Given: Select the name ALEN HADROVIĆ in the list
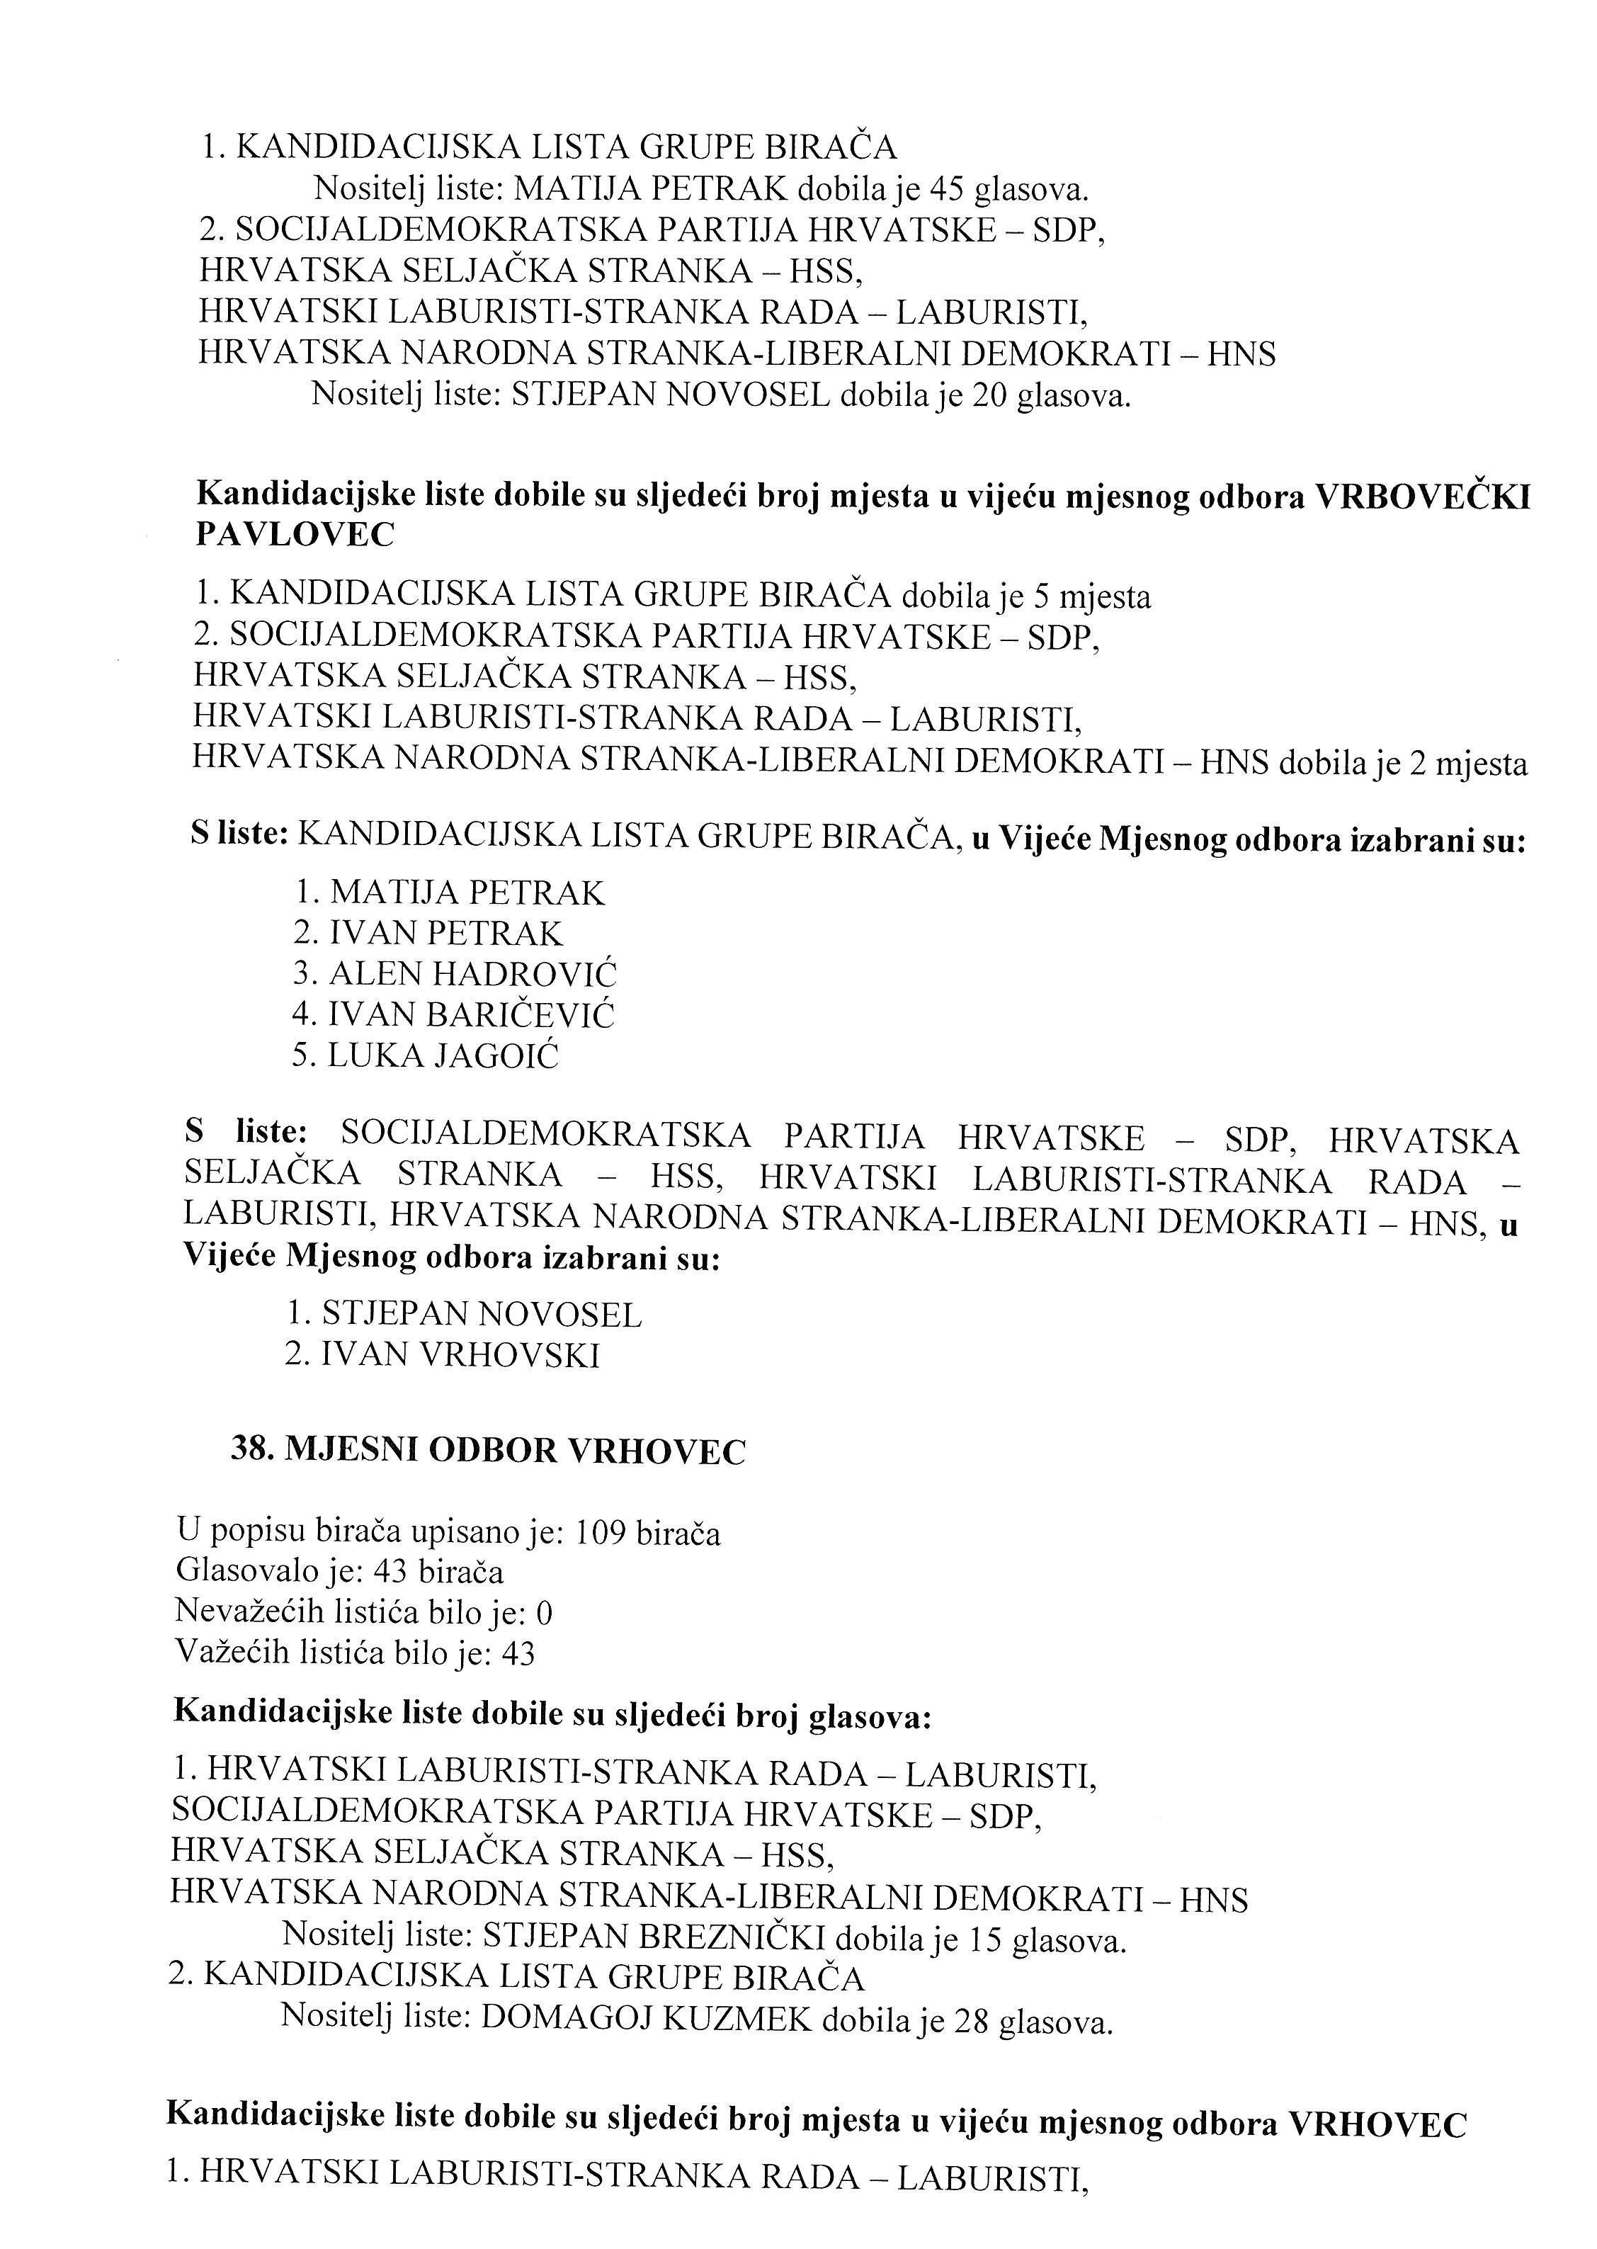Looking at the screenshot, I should click(473, 973).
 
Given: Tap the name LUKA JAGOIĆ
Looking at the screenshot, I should click(443, 1055).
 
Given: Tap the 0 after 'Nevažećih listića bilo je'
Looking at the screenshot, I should click(547, 1613).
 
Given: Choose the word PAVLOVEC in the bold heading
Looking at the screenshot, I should click(296, 534).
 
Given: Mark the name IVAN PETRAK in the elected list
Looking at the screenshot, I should click(445, 933).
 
